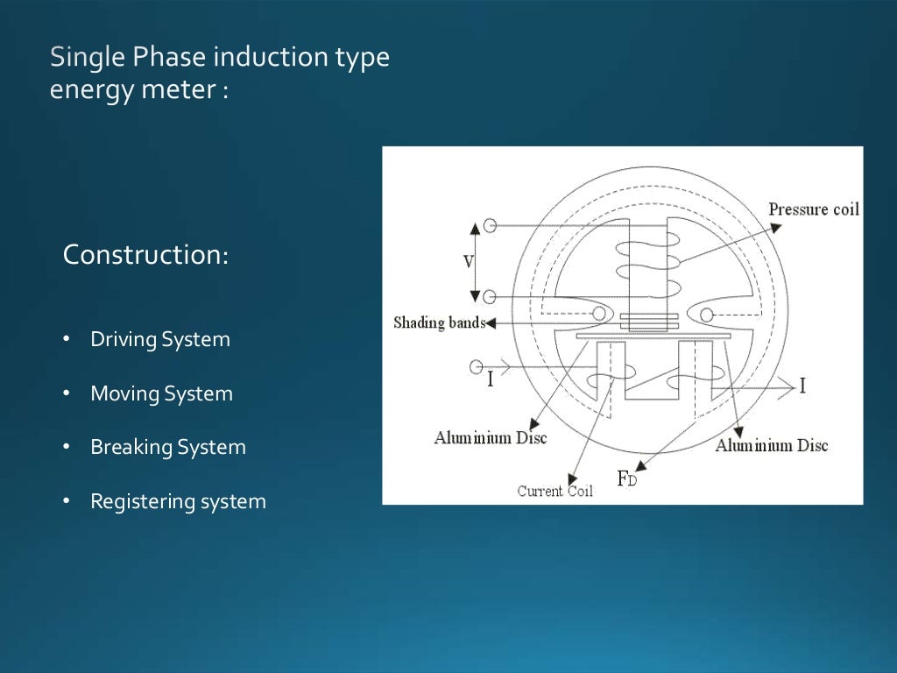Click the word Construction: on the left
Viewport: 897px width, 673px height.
tap(145, 255)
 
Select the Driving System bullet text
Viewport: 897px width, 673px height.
tap(160, 340)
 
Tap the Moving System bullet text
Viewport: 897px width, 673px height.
tap(161, 394)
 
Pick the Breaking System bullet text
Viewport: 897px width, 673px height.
tap(167, 448)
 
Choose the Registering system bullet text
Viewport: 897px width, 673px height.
tap(178, 502)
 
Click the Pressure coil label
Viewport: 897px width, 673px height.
tap(813, 209)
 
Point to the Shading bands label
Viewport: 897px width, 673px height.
tap(439, 322)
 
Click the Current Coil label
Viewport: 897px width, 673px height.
tap(554, 491)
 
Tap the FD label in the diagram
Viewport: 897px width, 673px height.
tap(627, 478)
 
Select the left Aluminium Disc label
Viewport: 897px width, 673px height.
tap(490, 437)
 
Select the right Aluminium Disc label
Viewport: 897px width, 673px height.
tap(771, 445)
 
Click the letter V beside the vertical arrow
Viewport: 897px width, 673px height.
tap(469, 261)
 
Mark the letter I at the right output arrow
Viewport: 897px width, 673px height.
tap(802, 386)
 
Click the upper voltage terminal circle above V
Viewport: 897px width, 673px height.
tap(491, 225)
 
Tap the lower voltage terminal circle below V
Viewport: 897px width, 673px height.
tap(491, 296)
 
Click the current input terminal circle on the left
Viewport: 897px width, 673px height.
tap(477, 365)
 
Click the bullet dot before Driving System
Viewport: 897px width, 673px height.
tap(67, 340)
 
